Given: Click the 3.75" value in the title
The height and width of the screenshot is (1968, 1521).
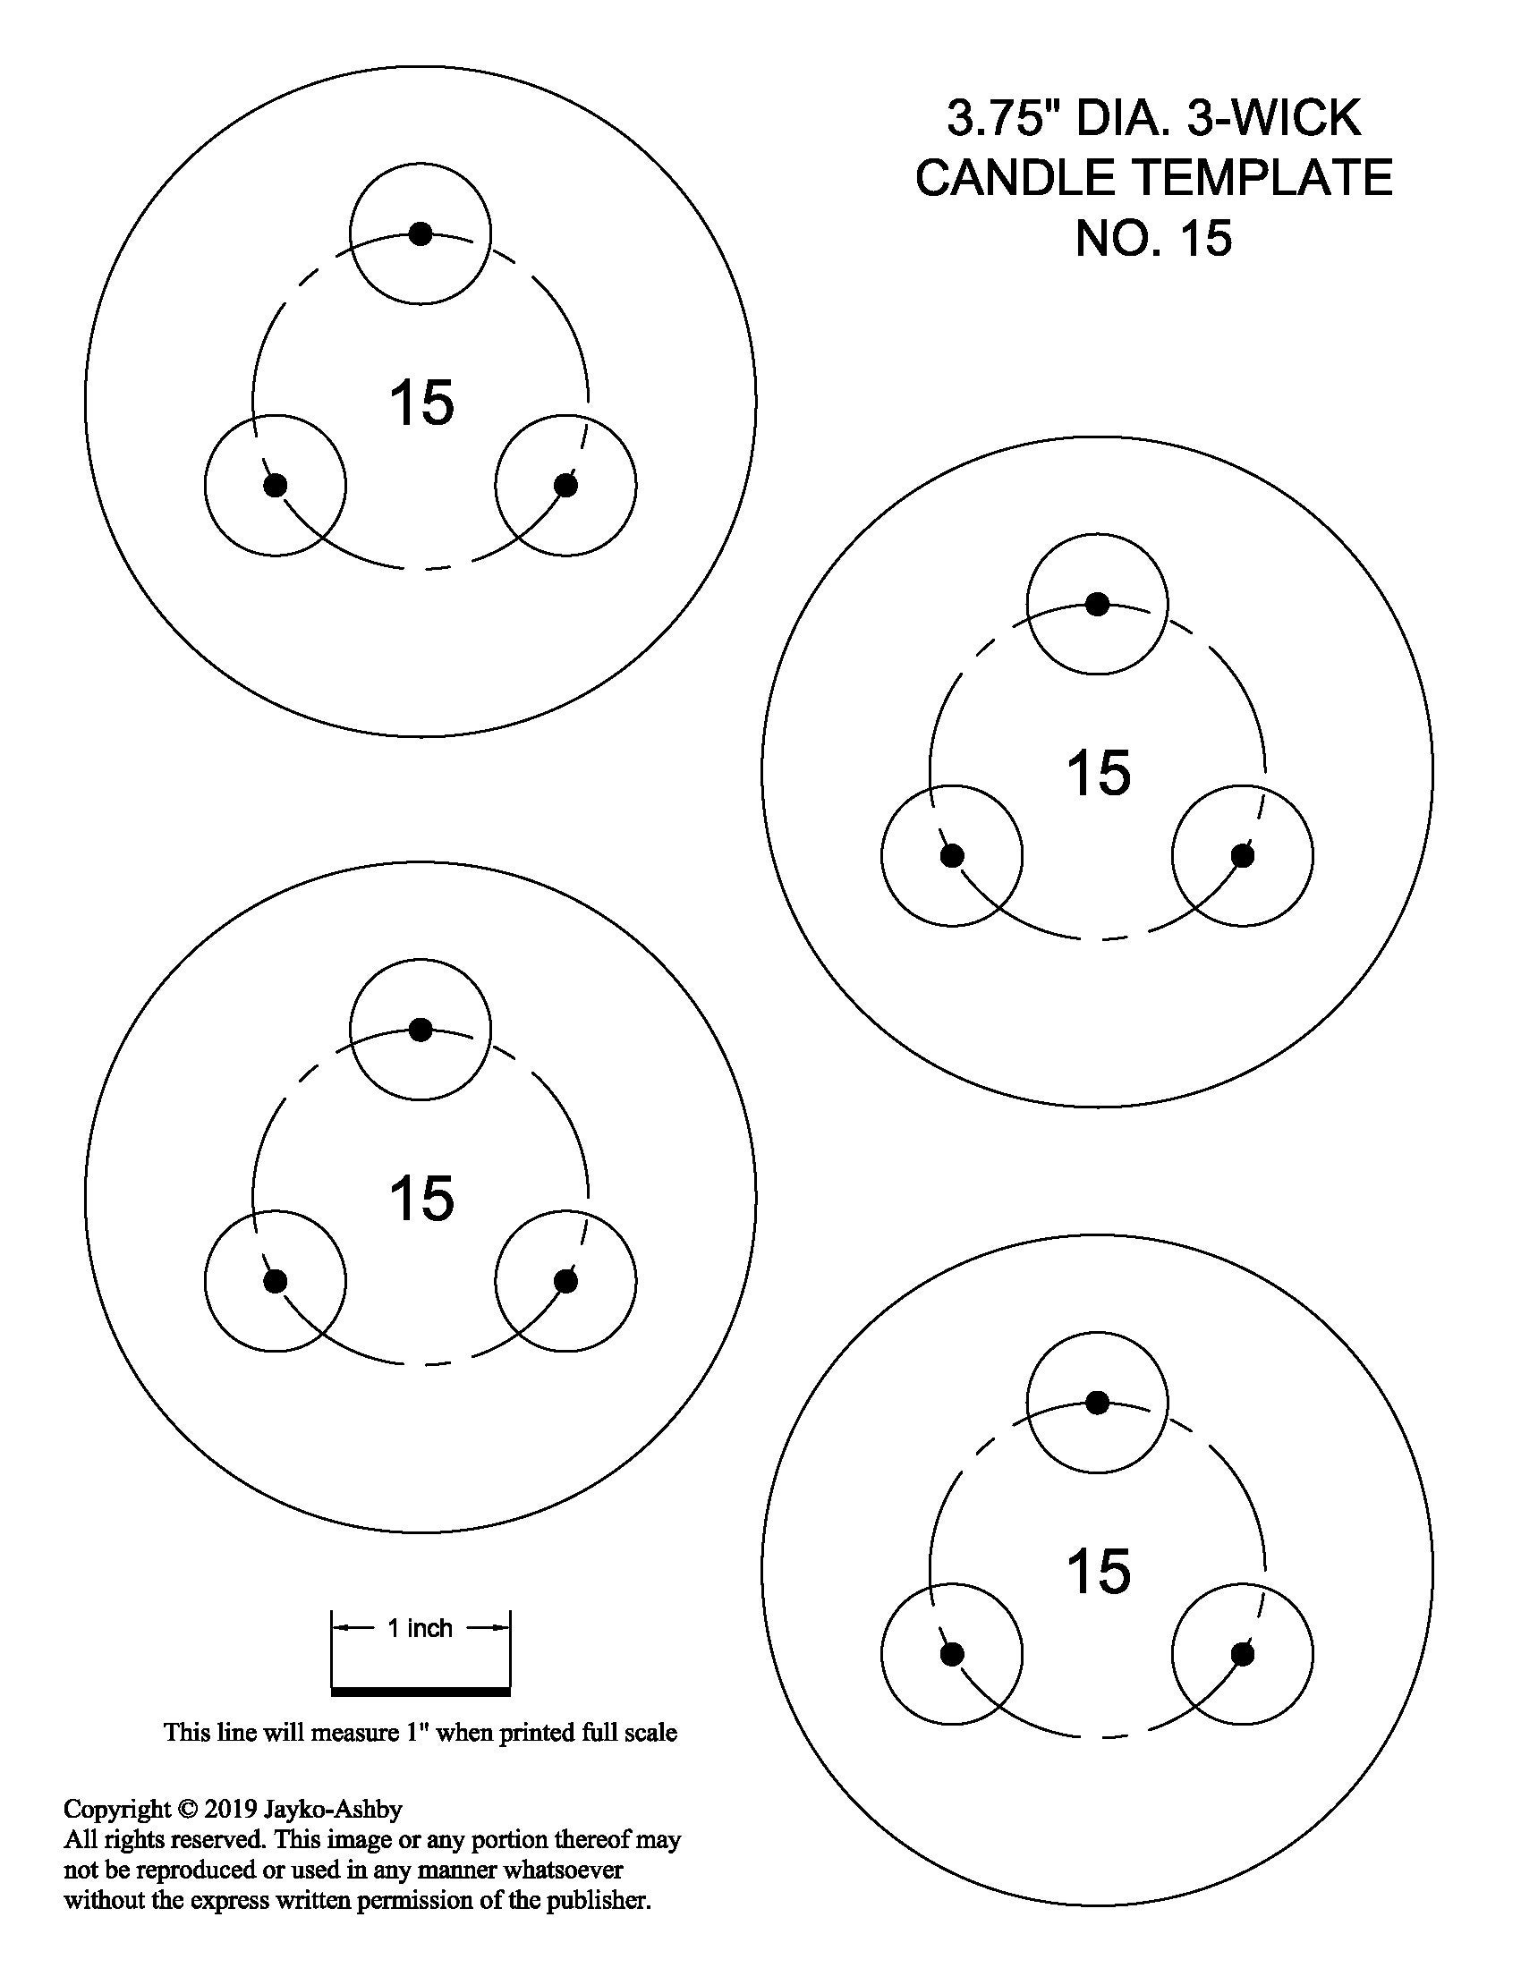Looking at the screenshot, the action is click(x=1002, y=118).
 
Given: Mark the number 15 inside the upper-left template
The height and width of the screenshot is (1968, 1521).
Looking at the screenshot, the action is click(x=421, y=403).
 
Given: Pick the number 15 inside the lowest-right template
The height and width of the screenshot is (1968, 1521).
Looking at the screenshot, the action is click(x=1098, y=1572).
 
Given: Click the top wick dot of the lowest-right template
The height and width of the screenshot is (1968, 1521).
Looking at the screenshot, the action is click(x=1097, y=1402).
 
